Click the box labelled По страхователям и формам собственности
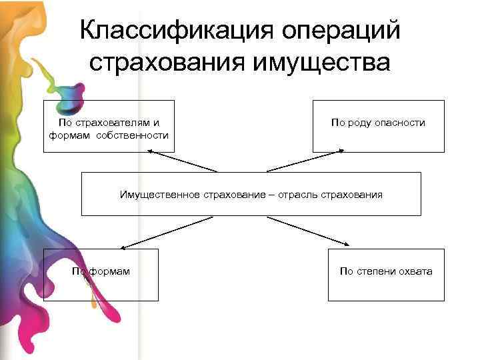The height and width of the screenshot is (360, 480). pyautogui.click(x=109, y=126)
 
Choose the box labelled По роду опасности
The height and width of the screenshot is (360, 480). pyautogui.click(x=378, y=126)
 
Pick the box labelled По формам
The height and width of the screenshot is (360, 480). pyautogui.click(x=101, y=275)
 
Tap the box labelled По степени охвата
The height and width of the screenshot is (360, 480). pyautogui.click(x=385, y=275)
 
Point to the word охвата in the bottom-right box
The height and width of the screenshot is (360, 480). pyautogui.click(x=416, y=271)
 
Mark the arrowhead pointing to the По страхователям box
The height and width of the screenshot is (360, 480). pyautogui.click(x=151, y=151)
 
